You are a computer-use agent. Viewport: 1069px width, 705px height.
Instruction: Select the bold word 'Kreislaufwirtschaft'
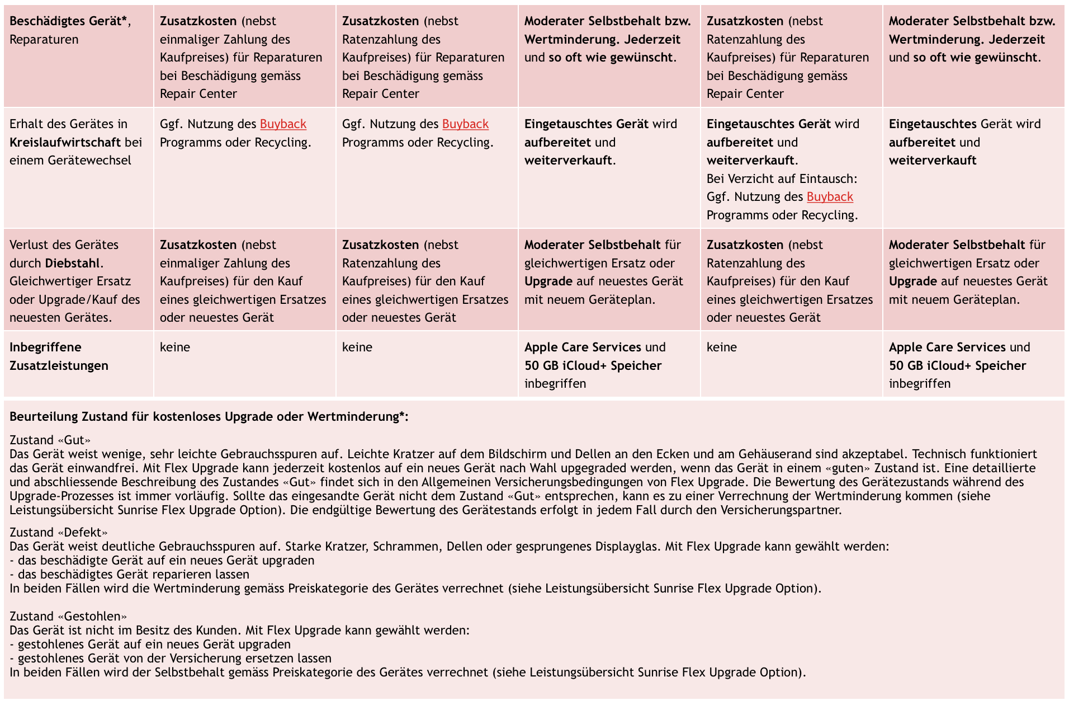(x=65, y=142)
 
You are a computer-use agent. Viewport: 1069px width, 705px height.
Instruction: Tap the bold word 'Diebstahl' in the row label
(x=73, y=263)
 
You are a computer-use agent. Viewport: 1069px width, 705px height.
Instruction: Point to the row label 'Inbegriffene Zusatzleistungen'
(x=59, y=356)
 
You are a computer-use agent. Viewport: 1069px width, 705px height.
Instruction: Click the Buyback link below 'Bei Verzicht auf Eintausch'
(x=830, y=197)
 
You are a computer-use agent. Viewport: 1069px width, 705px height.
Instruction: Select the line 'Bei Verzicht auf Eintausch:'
(x=782, y=179)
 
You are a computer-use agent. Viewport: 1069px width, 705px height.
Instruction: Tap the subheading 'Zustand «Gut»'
(x=50, y=440)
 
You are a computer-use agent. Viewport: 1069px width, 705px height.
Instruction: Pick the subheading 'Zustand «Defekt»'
(x=58, y=532)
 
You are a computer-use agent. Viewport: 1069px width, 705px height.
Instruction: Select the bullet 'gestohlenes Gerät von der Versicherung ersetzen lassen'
(x=174, y=658)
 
